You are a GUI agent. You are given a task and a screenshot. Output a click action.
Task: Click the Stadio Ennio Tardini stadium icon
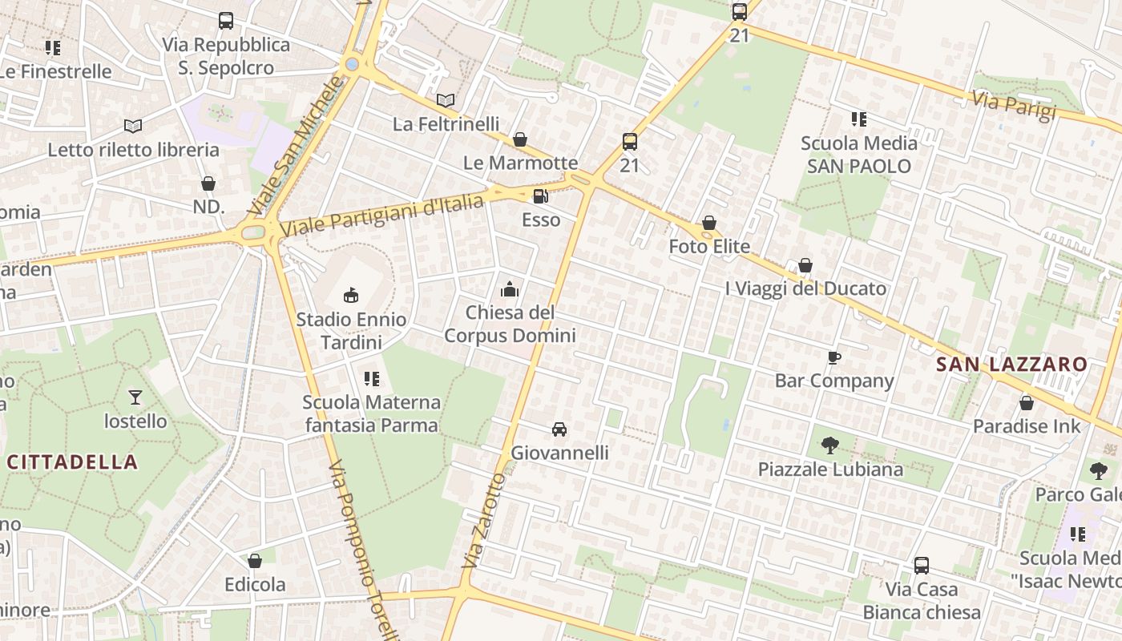(x=350, y=295)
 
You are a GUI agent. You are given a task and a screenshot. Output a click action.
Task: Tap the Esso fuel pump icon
(x=541, y=196)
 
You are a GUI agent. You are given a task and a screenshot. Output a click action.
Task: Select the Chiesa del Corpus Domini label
(x=510, y=324)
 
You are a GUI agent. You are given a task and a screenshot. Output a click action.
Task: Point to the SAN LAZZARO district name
(x=1011, y=365)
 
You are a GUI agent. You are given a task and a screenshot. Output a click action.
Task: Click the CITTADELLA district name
(x=72, y=462)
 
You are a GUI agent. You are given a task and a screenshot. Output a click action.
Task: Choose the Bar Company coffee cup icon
(x=833, y=357)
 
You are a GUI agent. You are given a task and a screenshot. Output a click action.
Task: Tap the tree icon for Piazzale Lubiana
(x=830, y=445)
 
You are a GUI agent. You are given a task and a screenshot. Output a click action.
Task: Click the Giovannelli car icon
(x=559, y=429)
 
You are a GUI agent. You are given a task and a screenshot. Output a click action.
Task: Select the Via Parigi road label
(x=1014, y=106)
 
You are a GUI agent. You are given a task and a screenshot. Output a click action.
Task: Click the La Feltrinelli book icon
(x=446, y=101)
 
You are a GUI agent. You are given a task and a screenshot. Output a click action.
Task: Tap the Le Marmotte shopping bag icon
(x=520, y=139)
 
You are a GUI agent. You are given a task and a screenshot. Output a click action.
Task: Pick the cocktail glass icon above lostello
(x=135, y=397)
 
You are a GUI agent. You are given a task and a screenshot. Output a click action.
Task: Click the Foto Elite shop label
(x=709, y=246)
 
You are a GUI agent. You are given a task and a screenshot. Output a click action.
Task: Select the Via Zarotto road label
(x=483, y=521)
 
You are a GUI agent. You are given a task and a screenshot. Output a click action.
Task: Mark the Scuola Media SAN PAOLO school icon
(x=858, y=119)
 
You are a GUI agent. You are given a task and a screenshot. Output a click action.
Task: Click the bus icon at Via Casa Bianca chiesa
(x=922, y=566)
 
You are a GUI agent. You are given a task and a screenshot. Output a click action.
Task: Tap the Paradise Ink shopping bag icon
(x=1026, y=403)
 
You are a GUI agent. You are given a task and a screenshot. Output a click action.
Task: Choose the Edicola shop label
(x=255, y=585)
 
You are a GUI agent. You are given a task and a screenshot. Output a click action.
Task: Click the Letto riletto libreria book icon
(x=133, y=126)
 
